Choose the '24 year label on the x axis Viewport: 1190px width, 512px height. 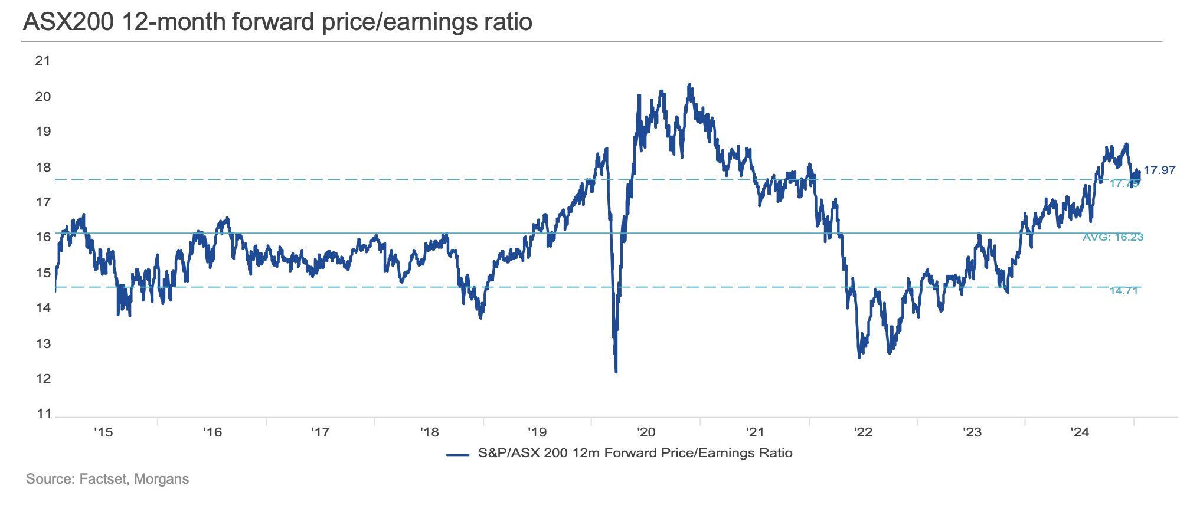click(x=1080, y=432)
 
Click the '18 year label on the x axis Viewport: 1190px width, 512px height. click(x=429, y=432)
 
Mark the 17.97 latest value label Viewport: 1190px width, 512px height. click(x=1159, y=170)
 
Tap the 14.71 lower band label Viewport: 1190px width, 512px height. click(x=1123, y=291)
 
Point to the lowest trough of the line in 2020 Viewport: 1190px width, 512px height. click(x=616, y=372)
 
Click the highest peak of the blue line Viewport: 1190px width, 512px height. click(x=689, y=85)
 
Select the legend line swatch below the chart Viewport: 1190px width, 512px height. click(x=457, y=454)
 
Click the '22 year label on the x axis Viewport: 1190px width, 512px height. click(x=863, y=432)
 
